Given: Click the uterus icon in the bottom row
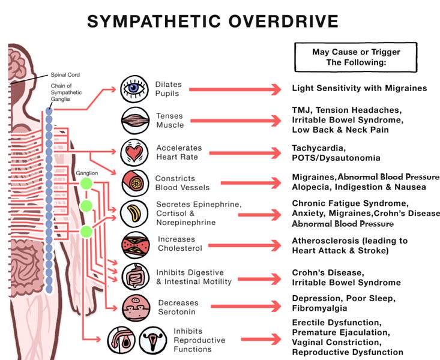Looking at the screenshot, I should coord(153,340).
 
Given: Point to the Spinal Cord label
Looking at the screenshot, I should coord(65,75).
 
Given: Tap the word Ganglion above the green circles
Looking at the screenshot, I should coord(86,173).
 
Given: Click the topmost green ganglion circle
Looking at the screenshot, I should coord(86,184).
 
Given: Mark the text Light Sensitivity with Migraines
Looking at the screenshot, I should coord(359,88).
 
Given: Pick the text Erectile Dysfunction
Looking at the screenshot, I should coord(332,322).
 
